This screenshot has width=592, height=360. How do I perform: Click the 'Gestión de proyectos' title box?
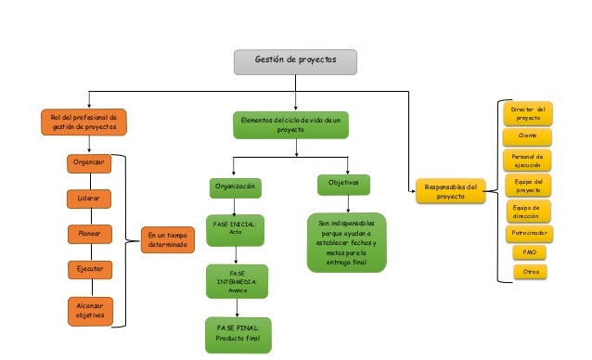(x=294, y=61)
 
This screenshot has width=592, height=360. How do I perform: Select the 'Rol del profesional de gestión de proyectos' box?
(x=84, y=122)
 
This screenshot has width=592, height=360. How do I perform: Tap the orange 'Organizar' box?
(x=89, y=163)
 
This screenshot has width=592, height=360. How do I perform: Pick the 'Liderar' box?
(x=89, y=199)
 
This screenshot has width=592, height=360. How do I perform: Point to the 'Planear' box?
(x=89, y=234)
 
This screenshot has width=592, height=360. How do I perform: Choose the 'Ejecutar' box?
(x=89, y=268)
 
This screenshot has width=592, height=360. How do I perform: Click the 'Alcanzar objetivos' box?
(x=89, y=310)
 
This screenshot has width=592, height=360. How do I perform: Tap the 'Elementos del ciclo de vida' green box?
(x=290, y=125)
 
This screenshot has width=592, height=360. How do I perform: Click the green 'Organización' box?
(x=234, y=186)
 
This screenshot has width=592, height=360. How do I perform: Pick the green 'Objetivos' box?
(x=343, y=184)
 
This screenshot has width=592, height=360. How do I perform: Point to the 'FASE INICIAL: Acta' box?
(x=234, y=228)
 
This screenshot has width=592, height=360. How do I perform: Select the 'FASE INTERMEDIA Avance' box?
(x=237, y=281)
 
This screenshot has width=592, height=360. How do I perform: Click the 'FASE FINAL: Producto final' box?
(x=238, y=333)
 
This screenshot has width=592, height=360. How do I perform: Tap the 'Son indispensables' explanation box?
(x=346, y=243)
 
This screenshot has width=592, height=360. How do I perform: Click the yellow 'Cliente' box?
(x=527, y=135)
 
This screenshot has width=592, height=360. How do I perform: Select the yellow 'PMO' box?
(x=530, y=251)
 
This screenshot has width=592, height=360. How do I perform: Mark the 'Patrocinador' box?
(x=529, y=232)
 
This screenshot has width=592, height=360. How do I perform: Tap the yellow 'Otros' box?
(x=530, y=272)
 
